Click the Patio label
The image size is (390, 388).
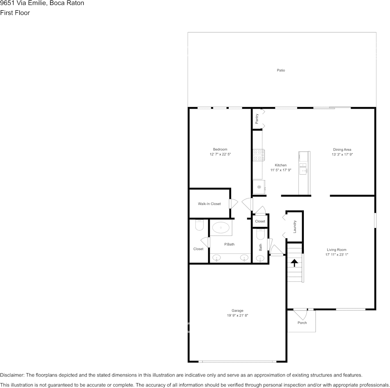click(281, 71)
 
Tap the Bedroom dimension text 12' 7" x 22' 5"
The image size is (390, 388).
click(220, 154)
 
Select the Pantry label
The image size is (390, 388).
click(257, 119)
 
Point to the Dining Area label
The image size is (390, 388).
click(342, 150)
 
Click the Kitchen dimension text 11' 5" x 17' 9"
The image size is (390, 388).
click(280, 170)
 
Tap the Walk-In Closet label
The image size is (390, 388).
click(209, 204)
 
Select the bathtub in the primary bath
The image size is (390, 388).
click(220, 228)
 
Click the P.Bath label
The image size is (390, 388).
click(229, 244)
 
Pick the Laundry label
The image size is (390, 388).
click(295, 226)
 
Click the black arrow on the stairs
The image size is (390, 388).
click(294, 263)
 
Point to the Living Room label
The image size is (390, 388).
click(337, 250)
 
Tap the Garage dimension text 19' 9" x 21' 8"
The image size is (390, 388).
click(237, 315)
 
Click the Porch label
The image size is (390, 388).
click(302, 323)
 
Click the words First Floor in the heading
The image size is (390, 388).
click(15, 13)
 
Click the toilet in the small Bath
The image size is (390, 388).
click(260, 234)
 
